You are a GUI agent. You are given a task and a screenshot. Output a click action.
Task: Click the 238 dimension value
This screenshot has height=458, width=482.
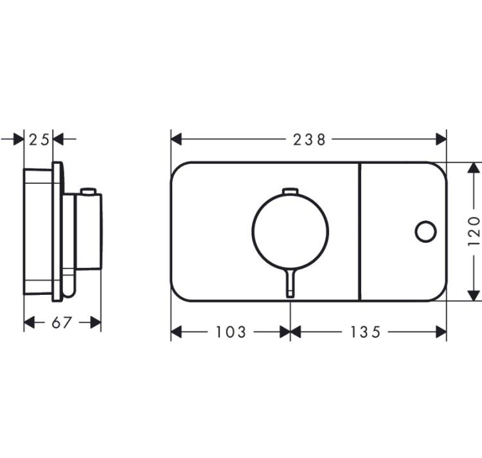pyautogui.click(x=309, y=140)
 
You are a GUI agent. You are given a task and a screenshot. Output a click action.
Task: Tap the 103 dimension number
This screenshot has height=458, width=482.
pyautogui.click(x=231, y=332)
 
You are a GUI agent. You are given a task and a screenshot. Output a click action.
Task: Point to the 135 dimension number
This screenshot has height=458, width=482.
pyautogui.click(x=366, y=332)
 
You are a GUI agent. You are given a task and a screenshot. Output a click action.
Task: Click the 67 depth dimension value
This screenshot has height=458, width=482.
pyautogui.click(x=62, y=322)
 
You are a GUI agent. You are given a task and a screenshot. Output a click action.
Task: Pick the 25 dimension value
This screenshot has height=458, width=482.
pyautogui.click(x=39, y=140)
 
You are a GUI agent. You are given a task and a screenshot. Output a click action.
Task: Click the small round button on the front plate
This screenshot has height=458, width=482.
pyautogui.click(x=425, y=231)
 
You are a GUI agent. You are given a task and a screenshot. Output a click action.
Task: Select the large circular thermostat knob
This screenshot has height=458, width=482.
pyautogui.click(x=290, y=231)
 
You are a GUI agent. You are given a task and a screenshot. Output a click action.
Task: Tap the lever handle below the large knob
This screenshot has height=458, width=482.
pyautogui.click(x=290, y=283)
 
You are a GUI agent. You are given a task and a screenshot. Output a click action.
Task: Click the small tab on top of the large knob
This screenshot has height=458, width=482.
pyautogui.click(x=290, y=191)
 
